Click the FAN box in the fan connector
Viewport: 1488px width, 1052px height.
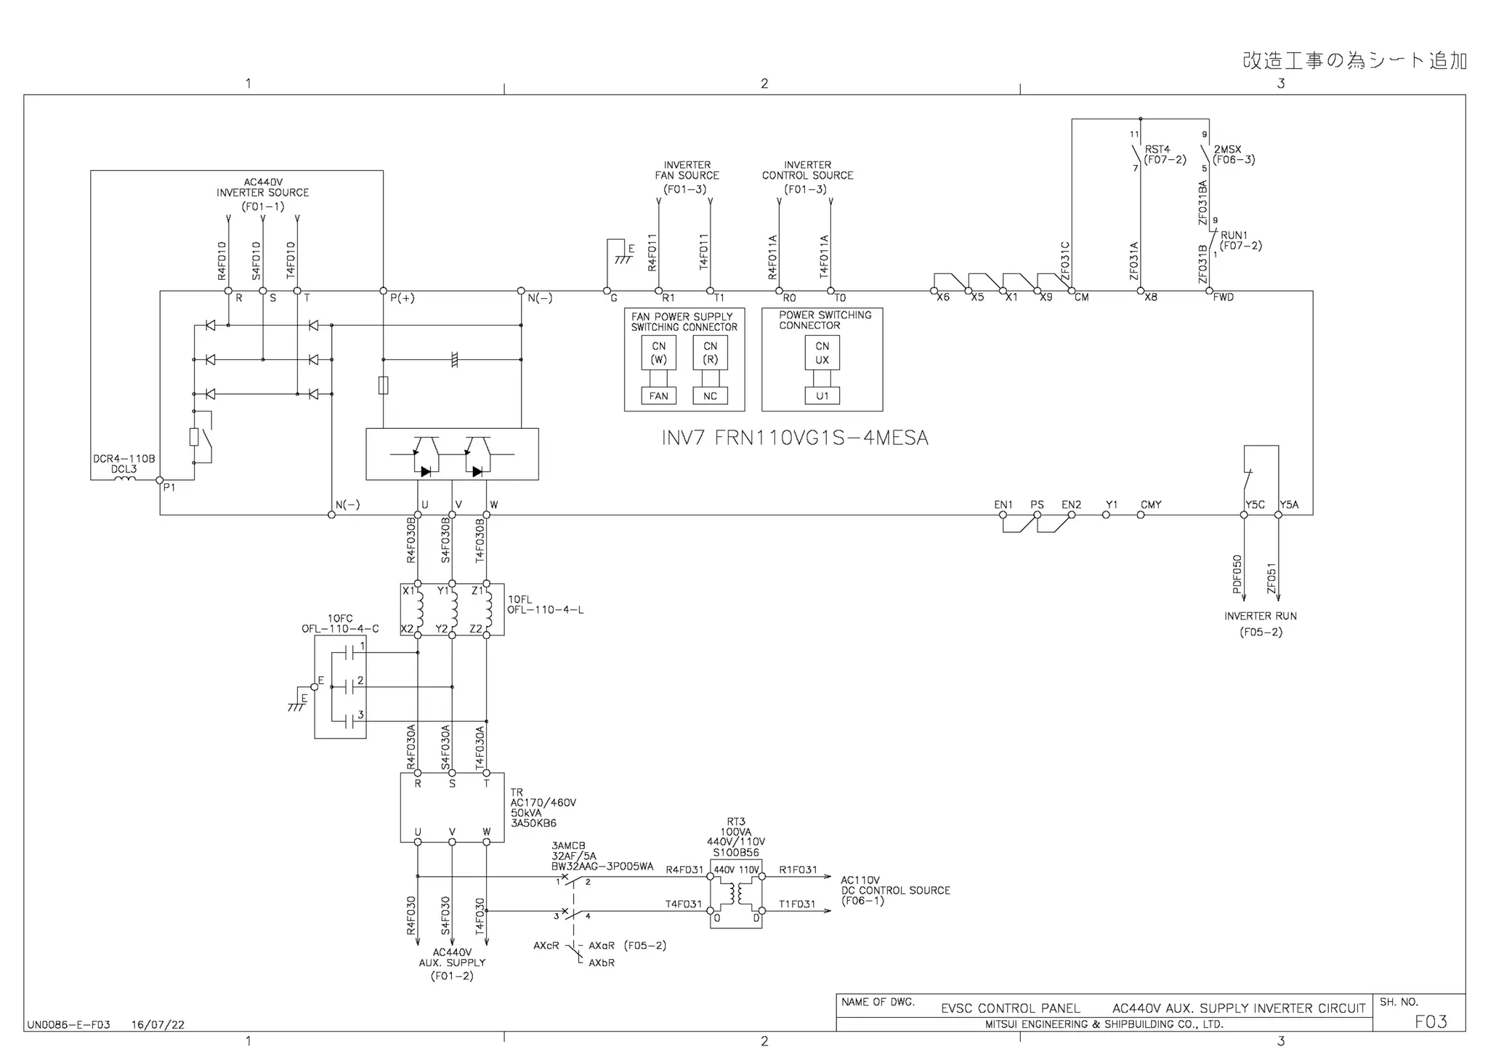coord(658,396)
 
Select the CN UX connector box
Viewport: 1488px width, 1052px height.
coord(822,353)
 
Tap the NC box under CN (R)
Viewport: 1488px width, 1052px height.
coord(710,396)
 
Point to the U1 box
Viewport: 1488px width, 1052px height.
coord(822,396)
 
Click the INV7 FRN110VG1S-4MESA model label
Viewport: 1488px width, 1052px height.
coord(795,438)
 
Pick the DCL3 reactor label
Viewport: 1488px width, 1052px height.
coord(124,470)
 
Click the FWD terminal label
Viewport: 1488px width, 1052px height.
coord(1224,297)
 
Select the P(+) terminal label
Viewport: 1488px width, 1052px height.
coord(403,298)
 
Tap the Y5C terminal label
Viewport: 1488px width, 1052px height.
coord(1255,505)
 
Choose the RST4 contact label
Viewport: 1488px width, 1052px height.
coord(1157,149)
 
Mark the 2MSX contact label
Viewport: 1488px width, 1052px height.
coord(1228,150)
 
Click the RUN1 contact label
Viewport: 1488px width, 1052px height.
coord(1234,236)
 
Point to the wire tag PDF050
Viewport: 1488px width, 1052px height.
coord(1237,574)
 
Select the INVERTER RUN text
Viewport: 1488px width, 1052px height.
coord(1261,616)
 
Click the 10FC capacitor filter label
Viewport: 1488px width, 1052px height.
coord(340,619)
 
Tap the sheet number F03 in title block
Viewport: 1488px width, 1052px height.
coord(1431,1021)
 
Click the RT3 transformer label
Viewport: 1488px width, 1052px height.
coord(736,822)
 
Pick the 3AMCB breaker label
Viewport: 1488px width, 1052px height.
coord(568,846)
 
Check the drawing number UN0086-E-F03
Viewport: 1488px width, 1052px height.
coord(69,1025)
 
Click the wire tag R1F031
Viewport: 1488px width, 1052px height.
coord(798,870)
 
